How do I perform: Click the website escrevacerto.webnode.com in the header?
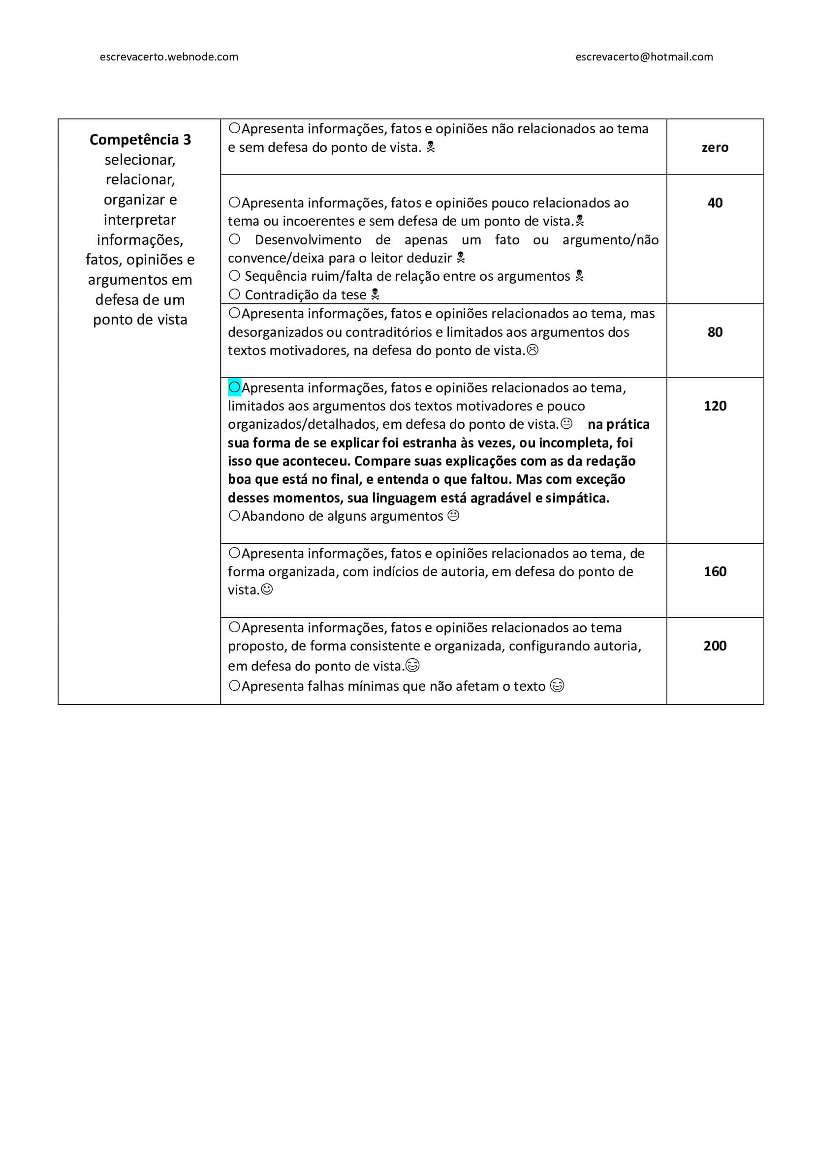click(169, 57)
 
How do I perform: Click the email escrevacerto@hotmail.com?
click(644, 57)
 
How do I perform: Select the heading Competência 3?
click(140, 140)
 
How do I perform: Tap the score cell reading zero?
click(715, 148)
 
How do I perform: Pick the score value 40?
click(715, 203)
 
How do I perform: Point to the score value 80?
click(715, 332)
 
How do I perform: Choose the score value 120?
click(715, 406)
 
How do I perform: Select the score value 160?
click(715, 571)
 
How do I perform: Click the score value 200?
click(715, 646)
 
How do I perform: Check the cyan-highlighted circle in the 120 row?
click(234, 387)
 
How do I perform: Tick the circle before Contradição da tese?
click(234, 295)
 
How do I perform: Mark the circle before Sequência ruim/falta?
click(234, 276)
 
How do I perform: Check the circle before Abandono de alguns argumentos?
click(234, 515)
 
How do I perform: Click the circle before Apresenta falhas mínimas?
click(234, 686)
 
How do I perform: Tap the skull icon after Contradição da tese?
click(375, 295)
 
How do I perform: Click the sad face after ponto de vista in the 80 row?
click(533, 351)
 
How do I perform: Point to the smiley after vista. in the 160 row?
click(267, 590)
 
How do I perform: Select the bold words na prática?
click(618, 425)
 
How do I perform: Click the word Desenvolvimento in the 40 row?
click(308, 240)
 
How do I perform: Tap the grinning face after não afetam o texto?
click(557, 686)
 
